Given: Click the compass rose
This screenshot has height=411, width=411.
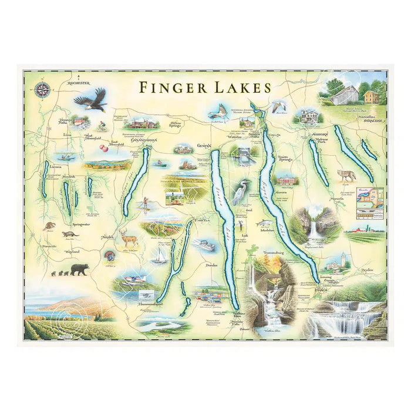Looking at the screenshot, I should click(42, 89).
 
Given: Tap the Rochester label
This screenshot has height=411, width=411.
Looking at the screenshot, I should click(81, 84).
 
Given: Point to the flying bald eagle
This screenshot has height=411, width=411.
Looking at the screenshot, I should click(92, 100).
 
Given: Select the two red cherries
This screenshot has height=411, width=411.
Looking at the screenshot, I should click(104, 148).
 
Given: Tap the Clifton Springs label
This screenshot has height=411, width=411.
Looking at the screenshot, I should click(171, 125).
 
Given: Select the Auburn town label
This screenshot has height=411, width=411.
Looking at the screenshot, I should click(317, 134).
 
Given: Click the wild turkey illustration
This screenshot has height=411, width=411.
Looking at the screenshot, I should click(109, 257).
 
